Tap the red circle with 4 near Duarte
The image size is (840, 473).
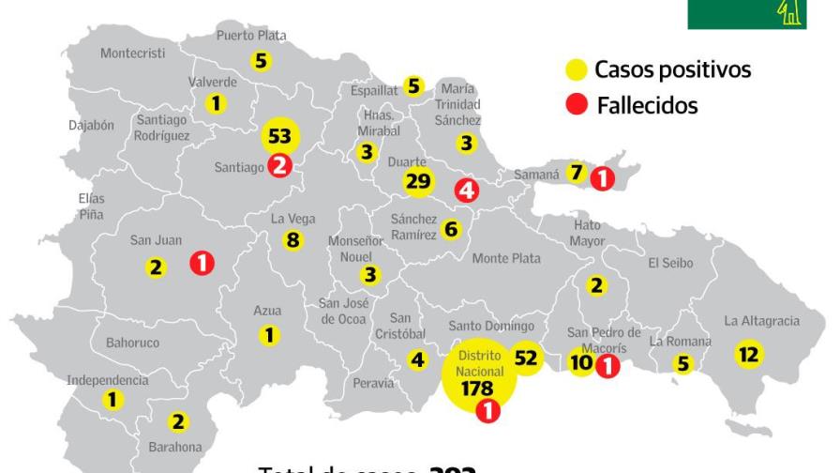point(467,191)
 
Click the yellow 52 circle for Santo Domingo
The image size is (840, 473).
point(525,358)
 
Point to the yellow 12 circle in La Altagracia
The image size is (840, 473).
point(748,354)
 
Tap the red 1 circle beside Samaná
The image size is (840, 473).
point(602,176)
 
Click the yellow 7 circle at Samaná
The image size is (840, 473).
point(577,173)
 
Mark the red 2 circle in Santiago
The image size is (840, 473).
point(279,166)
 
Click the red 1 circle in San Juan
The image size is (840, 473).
point(201,264)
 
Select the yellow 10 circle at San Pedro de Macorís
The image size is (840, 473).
point(581,363)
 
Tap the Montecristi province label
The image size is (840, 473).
point(132,53)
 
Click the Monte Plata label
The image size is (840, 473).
point(506,258)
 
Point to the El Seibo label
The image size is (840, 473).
point(670,264)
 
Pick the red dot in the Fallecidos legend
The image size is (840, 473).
point(577,105)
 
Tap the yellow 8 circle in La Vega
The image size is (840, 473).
point(292,240)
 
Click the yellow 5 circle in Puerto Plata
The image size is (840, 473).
point(262,62)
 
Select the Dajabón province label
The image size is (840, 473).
point(91,124)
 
